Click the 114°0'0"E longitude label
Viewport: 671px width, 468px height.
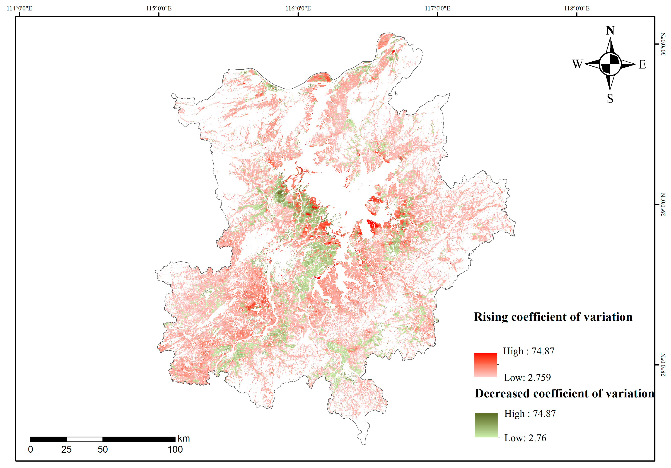point(19,8)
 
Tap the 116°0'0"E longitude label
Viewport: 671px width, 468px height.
point(298,8)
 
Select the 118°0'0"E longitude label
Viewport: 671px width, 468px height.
point(577,8)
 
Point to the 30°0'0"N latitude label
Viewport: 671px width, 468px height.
point(663,44)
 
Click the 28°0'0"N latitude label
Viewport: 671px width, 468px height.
point(663,365)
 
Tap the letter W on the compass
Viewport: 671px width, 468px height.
point(577,64)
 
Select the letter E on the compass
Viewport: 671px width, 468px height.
point(642,64)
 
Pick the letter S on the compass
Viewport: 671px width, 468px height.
point(610,98)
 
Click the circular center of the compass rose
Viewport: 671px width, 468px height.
point(610,64)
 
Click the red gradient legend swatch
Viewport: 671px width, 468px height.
point(485,365)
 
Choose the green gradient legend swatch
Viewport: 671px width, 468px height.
point(486,425)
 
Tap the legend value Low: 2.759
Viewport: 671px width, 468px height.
point(527,377)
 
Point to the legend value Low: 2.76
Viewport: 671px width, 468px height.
point(525,438)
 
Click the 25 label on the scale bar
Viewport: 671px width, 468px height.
point(66,450)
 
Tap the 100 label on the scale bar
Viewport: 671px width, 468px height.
point(175,450)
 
